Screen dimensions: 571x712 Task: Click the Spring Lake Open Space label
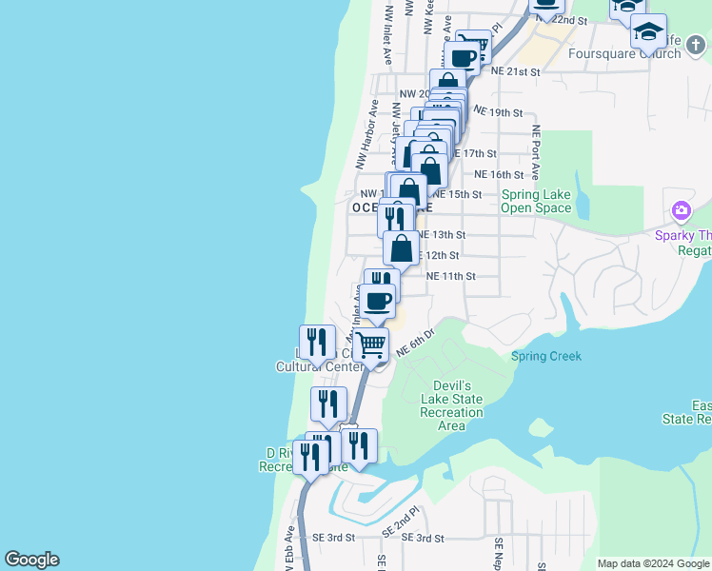[536, 201]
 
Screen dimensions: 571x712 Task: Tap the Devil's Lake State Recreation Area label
[452, 405]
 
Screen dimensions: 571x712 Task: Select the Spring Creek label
[545, 357]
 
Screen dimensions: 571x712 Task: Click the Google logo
[31, 560]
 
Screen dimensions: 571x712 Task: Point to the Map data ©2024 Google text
[654, 563]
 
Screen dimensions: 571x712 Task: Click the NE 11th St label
[450, 276]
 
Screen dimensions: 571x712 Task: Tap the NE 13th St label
[443, 234]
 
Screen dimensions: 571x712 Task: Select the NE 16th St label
[499, 174]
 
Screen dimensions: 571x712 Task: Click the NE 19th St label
[498, 112]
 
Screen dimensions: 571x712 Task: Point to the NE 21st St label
[515, 71]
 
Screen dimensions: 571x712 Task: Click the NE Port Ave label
[536, 152]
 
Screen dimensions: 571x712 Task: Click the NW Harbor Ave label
[367, 134]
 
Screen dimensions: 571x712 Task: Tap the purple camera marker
[681, 210]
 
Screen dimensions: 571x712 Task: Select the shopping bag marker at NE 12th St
[402, 248]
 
